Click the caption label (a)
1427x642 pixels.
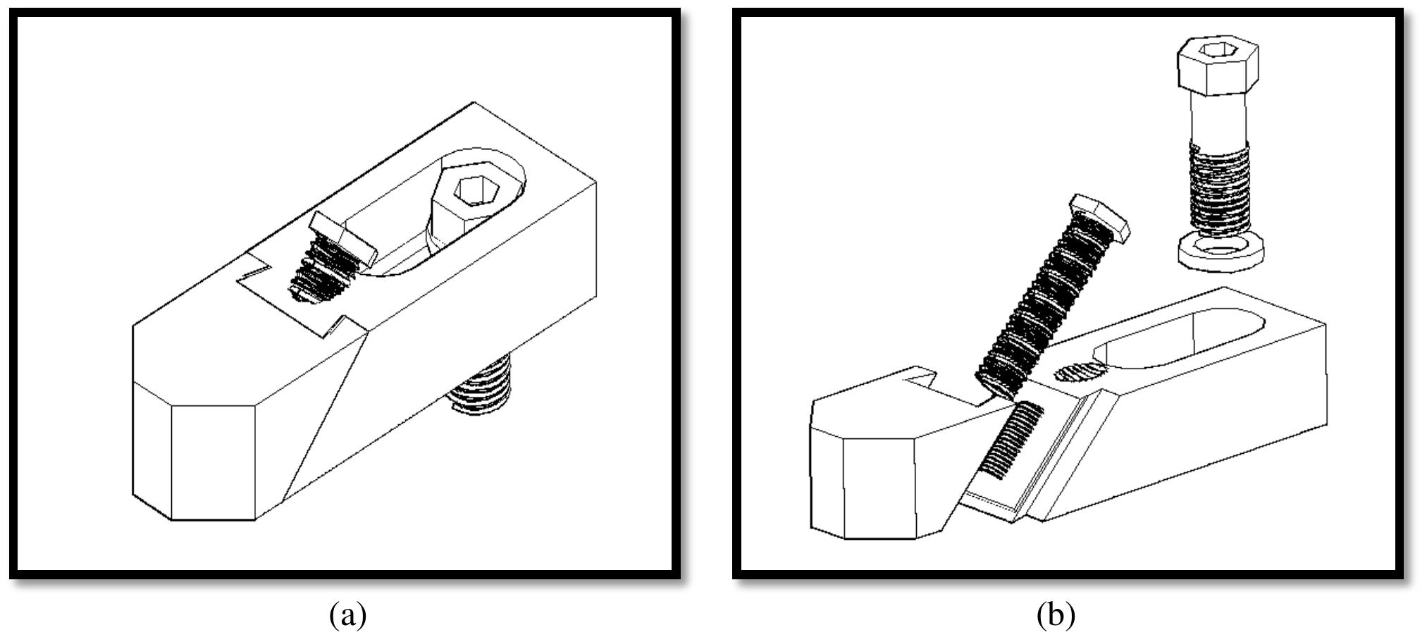coord(347,615)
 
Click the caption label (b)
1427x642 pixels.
coord(1056,615)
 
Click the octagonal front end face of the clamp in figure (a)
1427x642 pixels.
coord(213,462)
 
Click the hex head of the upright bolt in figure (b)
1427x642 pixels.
coord(1218,67)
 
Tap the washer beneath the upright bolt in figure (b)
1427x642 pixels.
coord(1220,253)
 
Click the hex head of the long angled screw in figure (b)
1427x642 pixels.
coord(1099,219)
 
